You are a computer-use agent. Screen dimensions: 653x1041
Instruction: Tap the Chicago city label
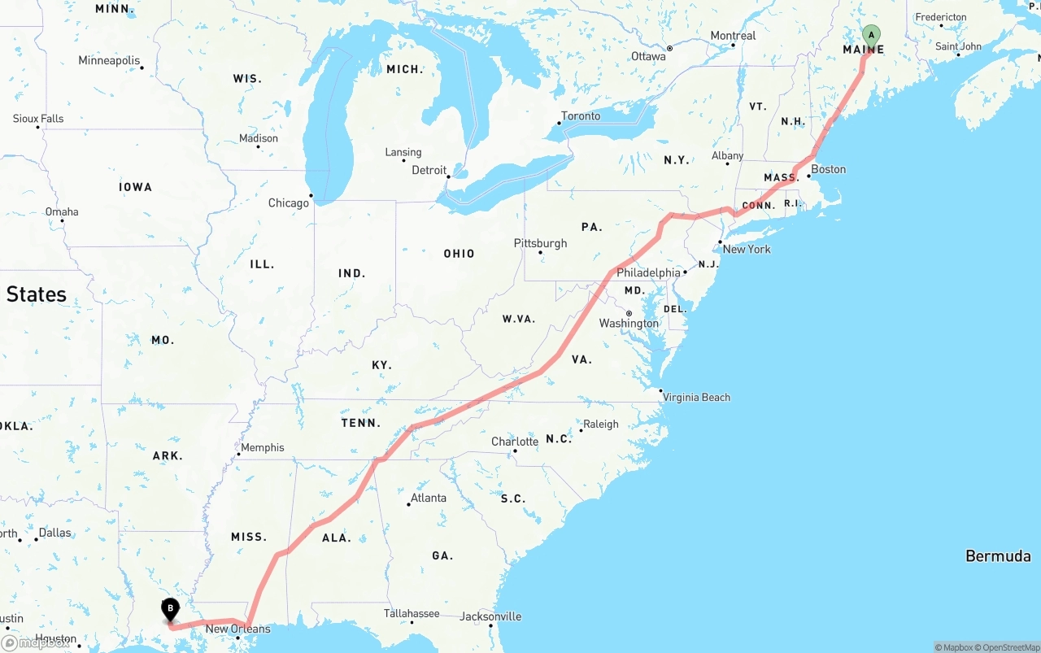tap(289, 202)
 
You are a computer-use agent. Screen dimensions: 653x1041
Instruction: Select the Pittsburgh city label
tap(540, 243)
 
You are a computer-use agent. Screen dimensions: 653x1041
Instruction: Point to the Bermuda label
tap(998, 556)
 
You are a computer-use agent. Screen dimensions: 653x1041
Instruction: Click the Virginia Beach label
tap(696, 398)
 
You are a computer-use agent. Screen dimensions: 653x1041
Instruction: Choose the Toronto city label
tap(581, 116)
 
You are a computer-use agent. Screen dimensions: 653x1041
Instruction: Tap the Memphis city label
tap(262, 447)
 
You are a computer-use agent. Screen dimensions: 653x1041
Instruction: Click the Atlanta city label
tap(428, 498)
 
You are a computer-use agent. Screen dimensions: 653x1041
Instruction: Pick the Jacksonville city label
tap(490, 616)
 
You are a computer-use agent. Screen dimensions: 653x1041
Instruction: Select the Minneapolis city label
tap(109, 60)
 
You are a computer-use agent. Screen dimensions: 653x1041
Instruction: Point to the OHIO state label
tap(459, 254)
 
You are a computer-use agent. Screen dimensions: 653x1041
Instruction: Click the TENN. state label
tap(361, 423)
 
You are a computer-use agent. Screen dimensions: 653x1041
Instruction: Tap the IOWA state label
tap(135, 187)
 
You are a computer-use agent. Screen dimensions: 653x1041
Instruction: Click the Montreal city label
tap(733, 36)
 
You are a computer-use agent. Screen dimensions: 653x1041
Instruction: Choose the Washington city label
tap(629, 324)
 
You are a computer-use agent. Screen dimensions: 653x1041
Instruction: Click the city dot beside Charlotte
tap(515, 451)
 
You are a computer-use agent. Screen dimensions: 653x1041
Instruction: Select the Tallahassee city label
tap(412, 614)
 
